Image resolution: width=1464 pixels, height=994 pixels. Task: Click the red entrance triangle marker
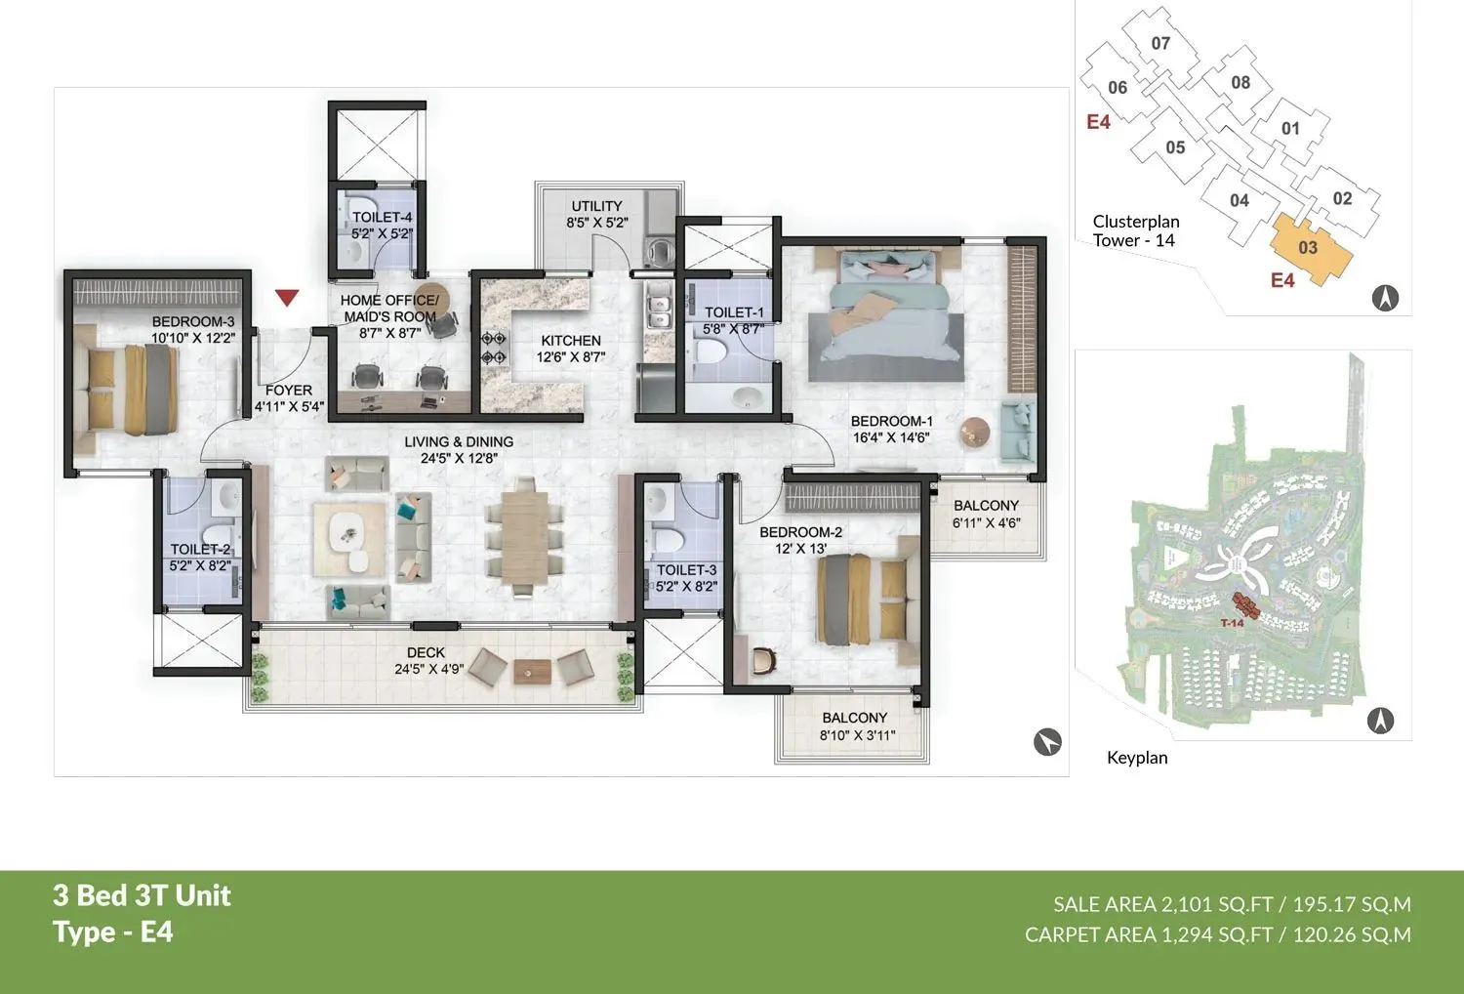pos(286,298)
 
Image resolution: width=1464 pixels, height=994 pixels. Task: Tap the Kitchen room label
pos(571,341)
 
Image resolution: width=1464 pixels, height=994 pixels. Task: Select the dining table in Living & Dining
pos(525,536)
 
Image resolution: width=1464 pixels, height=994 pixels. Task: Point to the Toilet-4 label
pos(382,218)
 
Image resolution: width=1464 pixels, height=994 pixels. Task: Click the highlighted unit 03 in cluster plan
pos(1308,248)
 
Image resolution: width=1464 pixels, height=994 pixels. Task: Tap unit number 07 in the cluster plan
pos(1160,43)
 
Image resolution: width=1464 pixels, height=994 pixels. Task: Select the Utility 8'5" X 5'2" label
pos(596,215)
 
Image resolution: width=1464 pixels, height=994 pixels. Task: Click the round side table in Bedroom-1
pos(974,431)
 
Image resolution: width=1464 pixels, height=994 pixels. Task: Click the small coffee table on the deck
pos(533,670)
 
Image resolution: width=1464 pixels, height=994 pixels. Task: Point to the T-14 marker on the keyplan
pos(1232,623)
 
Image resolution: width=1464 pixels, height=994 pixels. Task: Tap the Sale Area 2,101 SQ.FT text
pos(1162,904)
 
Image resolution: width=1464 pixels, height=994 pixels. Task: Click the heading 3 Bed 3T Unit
pos(142,895)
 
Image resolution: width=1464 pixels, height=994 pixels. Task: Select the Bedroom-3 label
pos(192,321)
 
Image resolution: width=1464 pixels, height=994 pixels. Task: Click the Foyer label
pos(289,390)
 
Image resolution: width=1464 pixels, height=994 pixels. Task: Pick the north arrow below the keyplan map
pos(1379,721)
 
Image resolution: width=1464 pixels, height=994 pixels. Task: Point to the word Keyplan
pos(1137,758)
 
